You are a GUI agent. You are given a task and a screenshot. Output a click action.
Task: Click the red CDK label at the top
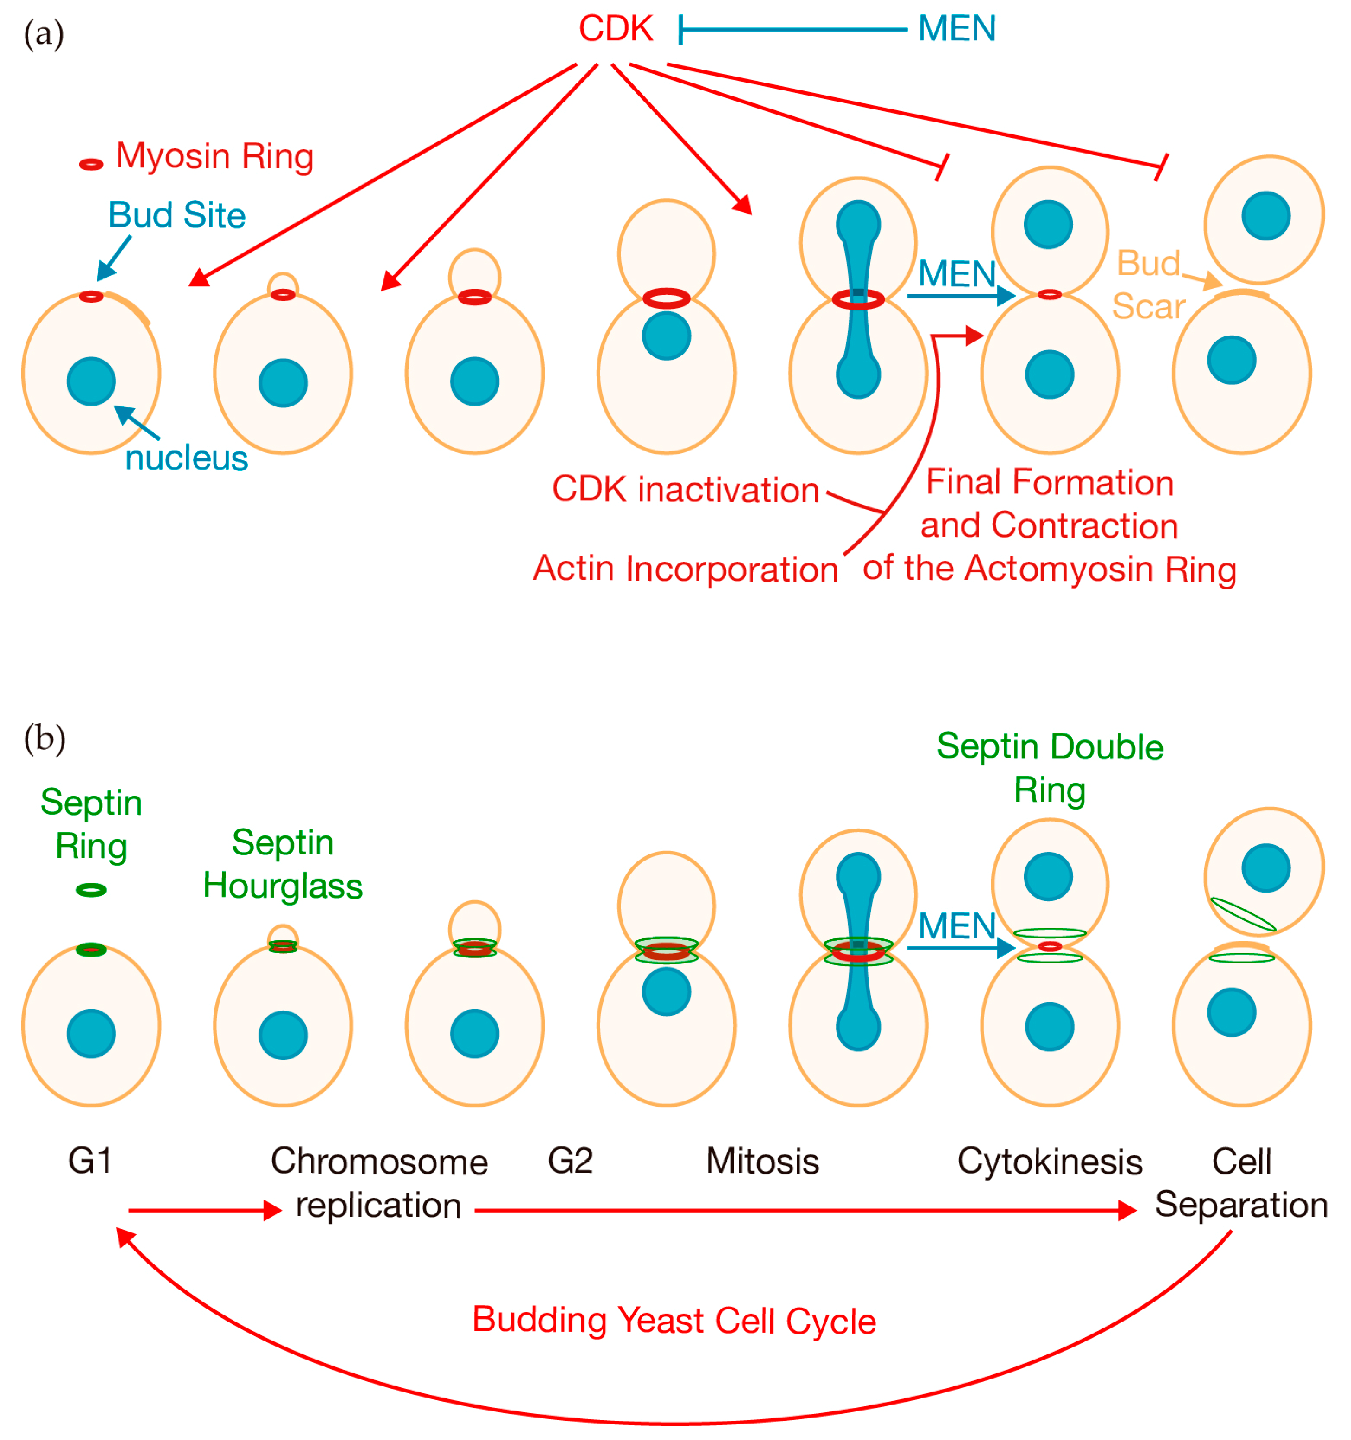pyautogui.click(x=615, y=29)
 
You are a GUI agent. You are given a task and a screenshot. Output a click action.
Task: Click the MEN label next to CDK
pyautogui.click(x=956, y=29)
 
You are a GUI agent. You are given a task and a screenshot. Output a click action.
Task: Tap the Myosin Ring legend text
pyautogui.click(x=214, y=157)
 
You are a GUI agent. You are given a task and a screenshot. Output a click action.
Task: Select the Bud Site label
pyautogui.click(x=177, y=215)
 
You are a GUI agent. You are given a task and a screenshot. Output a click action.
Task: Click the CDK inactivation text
pyautogui.click(x=685, y=490)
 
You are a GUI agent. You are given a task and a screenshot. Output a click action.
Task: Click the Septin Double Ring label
pyautogui.click(x=1049, y=768)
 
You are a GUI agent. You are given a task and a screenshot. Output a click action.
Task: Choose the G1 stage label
pyautogui.click(x=90, y=1161)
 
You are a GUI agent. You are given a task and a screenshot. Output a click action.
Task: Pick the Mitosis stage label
pyautogui.click(x=762, y=1161)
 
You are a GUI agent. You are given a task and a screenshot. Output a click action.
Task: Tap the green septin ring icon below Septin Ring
pyautogui.click(x=91, y=890)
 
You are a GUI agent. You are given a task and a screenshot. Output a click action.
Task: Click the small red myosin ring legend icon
pyautogui.click(x=91, y=164)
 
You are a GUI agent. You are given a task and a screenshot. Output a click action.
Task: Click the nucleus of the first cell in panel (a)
pyautogui.click(x=91, y=381)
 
